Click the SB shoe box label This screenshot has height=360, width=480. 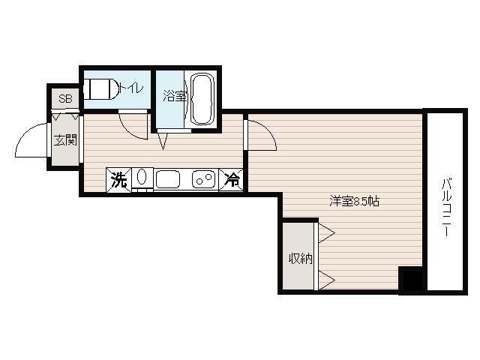point(65,99)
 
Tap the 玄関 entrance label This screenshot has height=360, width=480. point(65,140)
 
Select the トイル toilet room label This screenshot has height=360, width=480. point(131,88)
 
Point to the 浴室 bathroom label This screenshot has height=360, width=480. point(175,96)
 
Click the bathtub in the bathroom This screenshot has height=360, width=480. point(202,98)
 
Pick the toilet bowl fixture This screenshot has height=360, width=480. point(101,89)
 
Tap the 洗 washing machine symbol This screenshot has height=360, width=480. point(118,180)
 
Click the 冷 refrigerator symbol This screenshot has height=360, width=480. point(231,180)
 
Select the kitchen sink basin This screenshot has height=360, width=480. point(167,179)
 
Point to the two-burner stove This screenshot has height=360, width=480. point(203,179)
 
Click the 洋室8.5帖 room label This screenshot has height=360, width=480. point(355,202)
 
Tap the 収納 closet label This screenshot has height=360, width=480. point(301,259)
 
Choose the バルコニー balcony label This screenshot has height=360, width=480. point(447,208)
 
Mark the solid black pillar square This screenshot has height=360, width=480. point(411,279)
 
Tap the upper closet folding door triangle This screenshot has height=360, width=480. point(326,233)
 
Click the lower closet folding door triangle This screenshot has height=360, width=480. point(326,280)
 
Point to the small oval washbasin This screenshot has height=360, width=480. point(142,177)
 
